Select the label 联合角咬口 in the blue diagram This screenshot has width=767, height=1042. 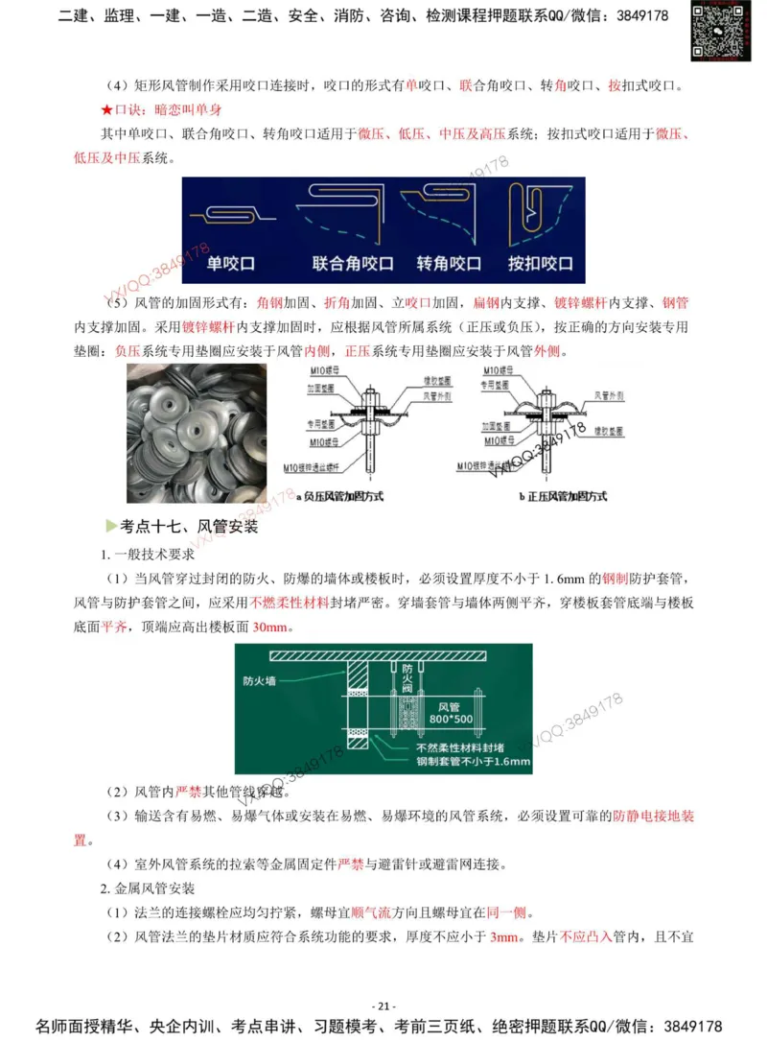pos(353,263)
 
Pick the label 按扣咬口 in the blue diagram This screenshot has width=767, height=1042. pos(540,263)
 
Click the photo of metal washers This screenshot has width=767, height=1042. pos(197,432)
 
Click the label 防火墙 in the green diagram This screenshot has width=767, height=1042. pos(261,683)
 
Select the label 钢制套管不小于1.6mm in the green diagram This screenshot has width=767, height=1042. pos(473,762)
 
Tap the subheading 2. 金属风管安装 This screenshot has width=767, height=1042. pos(148,888)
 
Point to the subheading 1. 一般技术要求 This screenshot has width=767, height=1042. pos(148,554)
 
